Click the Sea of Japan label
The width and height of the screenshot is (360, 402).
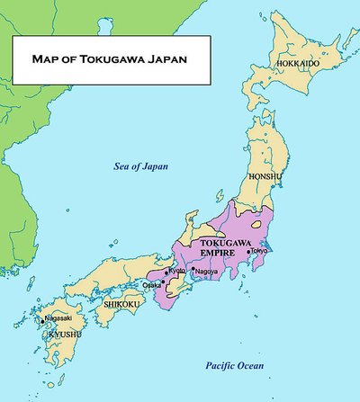point(140,166)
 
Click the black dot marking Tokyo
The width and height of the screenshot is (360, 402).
point(248,252)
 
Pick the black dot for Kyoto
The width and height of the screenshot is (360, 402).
point(166,272)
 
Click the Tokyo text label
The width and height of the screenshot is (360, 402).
point(259,251)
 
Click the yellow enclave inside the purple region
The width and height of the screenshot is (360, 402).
point(261,221)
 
